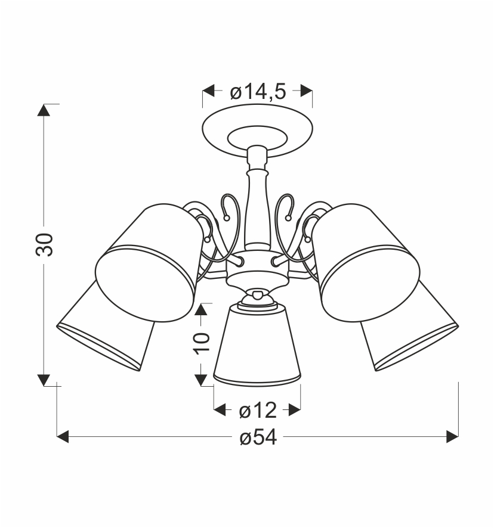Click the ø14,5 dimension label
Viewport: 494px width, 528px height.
(x=258, y=92)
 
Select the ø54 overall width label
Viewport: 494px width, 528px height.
(x=258, y=437)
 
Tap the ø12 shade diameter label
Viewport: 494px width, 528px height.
(x=258, y=411)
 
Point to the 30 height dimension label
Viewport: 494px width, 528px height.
(x=45, y=244)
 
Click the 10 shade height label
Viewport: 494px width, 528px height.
(x=201, y=343)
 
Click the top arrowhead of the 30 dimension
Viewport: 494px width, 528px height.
(x=44, y=110)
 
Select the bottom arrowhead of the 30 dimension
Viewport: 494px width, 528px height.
(x=44, y=380)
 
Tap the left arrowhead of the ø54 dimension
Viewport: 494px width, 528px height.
(x=63, y=436)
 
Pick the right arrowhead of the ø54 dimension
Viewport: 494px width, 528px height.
(x=452, y=436)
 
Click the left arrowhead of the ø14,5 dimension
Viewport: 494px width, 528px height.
(x=208, y=91)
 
